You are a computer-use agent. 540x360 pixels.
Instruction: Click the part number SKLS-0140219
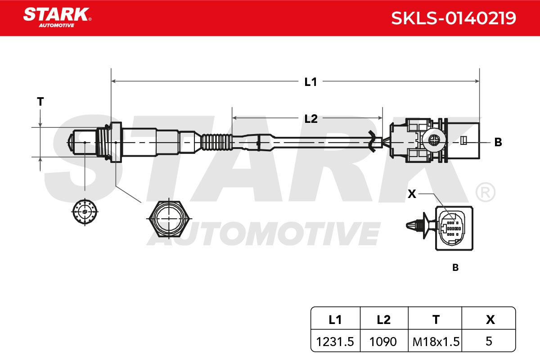tap(454, 18)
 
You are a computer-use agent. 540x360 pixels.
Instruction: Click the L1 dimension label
tap(310, 82)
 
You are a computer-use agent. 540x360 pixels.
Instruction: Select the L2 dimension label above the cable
tap(311, 119)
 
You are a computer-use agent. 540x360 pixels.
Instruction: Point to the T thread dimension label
tap(40, 102)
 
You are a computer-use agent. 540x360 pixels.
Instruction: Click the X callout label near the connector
tap(412, 194)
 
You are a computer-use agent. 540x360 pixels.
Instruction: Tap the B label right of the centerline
tap(498, 142)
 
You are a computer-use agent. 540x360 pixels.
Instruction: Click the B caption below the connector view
tap(455, 267)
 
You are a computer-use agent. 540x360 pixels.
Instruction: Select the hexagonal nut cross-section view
tap(169, 218)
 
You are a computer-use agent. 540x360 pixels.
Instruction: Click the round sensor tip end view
tap(85, 211)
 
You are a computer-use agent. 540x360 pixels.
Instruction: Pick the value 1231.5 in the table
tap(335, 342)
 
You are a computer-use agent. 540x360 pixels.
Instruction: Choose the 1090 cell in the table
tap(383, 342)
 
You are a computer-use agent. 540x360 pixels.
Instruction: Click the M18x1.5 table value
tap(436, 342)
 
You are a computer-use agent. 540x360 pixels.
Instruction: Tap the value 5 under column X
tap(489, 341)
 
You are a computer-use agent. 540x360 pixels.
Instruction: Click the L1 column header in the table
tap(335, 320)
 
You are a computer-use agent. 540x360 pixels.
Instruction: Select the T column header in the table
tap(436, 320)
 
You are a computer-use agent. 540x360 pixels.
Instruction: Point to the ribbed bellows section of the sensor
tap(217, 142)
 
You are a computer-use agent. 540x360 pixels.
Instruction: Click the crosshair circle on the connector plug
tap(434, 139)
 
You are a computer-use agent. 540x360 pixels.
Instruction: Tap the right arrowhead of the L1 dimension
tap(477, 81)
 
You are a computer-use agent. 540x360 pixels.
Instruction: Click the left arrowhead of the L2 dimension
tap(234, 118)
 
